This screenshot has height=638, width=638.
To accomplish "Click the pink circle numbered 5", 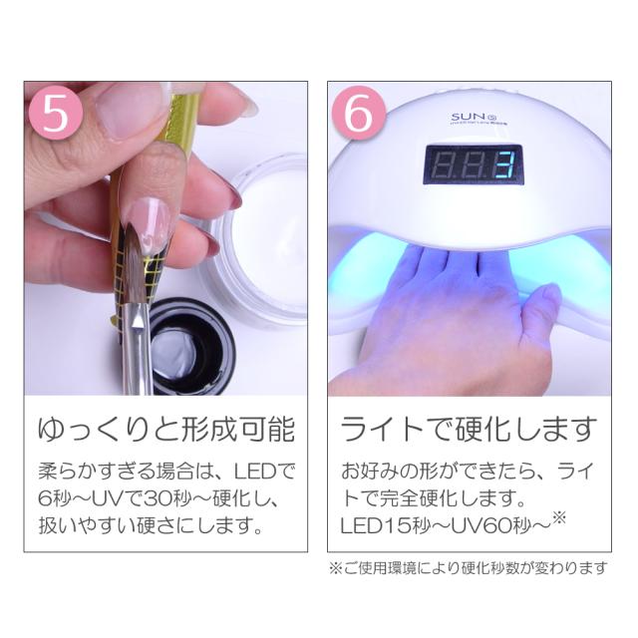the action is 56,113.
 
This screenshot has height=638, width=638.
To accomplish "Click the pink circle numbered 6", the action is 359,113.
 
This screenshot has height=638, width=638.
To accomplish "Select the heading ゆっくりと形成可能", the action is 166,430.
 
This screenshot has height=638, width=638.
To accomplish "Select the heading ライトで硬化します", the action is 469,430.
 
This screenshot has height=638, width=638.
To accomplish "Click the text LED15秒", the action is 385,526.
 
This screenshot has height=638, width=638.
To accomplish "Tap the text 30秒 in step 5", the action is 166,498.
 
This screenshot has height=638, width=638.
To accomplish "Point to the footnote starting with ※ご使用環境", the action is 468,568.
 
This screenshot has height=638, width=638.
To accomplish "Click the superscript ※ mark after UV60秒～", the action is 559,518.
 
